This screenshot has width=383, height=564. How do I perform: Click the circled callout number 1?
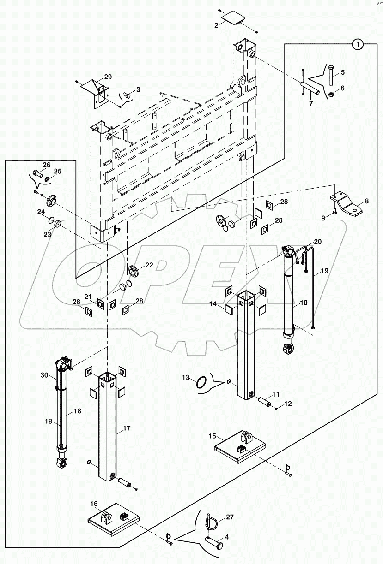pyautogui.click(x=358, y=44)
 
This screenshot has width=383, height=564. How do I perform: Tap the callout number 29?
pyautogui.click(x=108, y=77)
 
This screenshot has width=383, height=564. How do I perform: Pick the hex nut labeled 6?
pyautogui.click(x=331, y=95)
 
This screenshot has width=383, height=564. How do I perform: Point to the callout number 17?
pyautogui.click(x=126, y=428)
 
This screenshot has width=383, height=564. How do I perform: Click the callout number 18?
pyautogui.click(x=77, y=411)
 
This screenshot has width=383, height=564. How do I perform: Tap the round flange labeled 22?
pyautogui.click(x=134, y=271)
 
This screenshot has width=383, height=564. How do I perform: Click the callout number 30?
pyautogui.click(x=44, y=375)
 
